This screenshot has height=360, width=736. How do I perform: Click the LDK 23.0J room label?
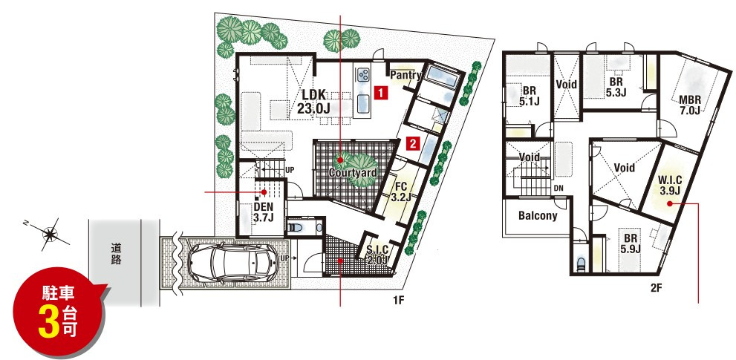point(313,102)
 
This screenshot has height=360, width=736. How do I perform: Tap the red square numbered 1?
point(381,93)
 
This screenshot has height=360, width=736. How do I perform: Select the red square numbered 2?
point(412,143)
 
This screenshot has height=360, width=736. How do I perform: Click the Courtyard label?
point(353,173)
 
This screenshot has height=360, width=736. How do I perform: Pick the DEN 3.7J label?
point(264,212)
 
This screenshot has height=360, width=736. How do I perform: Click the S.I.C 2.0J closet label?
point(377,253)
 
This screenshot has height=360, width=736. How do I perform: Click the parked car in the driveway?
point(232,262)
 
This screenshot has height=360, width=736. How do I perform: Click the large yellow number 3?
point(47,321)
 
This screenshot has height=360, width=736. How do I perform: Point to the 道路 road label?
point(115,253)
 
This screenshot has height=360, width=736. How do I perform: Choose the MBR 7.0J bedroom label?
point(690,105)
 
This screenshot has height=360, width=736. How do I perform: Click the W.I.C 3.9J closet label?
point(670,185)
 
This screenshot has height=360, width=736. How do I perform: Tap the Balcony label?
point(538,216)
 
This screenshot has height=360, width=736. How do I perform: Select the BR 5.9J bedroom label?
point(631,243)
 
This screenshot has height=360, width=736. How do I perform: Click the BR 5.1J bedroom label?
point(529,95)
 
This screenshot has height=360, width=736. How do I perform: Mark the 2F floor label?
point(657,288)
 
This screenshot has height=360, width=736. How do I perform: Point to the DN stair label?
point(558,189)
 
